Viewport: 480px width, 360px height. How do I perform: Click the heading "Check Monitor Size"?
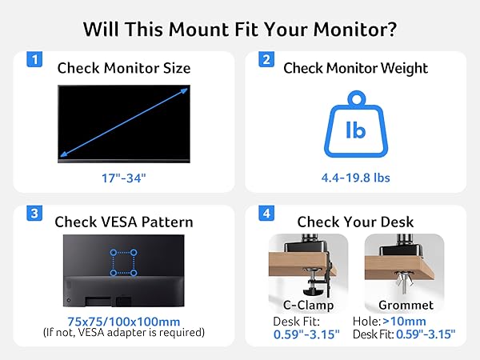124,68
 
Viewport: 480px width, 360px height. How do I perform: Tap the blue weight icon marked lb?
355,128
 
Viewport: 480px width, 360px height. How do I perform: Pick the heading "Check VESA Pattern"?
124,222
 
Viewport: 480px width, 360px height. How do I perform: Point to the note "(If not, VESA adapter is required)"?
123,332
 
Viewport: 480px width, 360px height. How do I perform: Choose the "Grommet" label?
404,304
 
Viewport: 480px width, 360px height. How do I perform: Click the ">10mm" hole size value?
416,321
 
